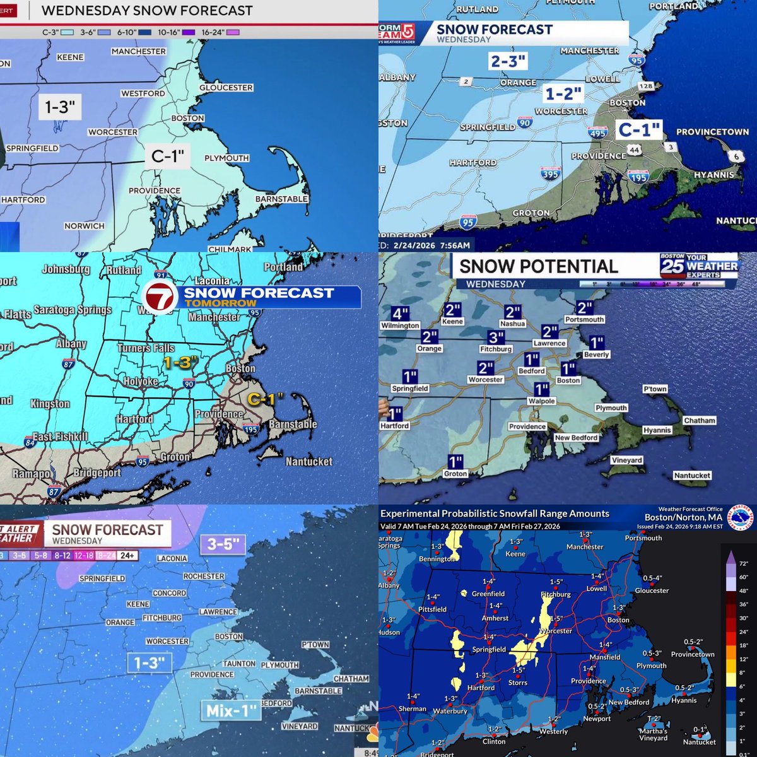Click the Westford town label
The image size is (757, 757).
pos(143,93)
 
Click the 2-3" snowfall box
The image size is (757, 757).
pos(508,61)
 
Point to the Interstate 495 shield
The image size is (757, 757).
pos(597,132)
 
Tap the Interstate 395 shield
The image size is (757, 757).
pos(550,173)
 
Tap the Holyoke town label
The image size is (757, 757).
pos(140,381)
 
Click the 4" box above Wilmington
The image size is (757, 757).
pos(400,314)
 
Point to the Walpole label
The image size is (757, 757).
pos(541,401)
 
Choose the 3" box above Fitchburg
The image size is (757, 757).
pos(496,337)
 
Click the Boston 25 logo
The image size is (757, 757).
pos(672,265)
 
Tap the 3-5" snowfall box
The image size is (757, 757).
pos(225,544)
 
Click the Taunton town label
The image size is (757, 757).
pos(238,664)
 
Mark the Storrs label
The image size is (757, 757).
pos(517,683)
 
